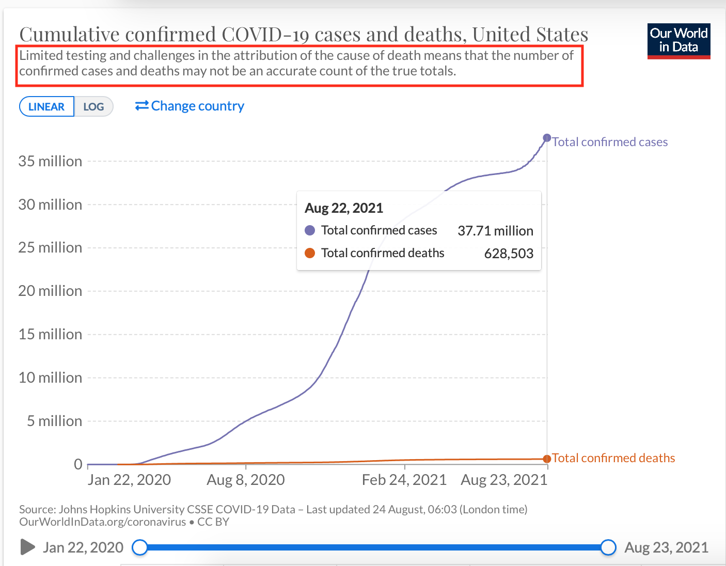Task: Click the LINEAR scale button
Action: pos(46,106)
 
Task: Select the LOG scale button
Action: pos(93,106)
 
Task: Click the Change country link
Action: pos(190,106)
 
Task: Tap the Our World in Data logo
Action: pos(678,41)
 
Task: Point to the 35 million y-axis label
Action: pos(50,161)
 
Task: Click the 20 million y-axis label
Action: pos(50,291)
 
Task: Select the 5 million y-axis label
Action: pos(54,421)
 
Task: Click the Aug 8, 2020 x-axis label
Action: pos(246,480)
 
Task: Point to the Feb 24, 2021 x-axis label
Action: pos(404,480)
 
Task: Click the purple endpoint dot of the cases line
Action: pos(547,138)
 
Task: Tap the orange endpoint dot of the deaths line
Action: pos(547,459)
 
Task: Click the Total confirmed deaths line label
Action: pos(613,458)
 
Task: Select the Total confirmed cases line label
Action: pos(610,141)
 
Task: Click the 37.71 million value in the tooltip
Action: pos(495,230)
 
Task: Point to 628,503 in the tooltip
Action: pos(509,253)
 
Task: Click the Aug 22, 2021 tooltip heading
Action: pos(344,208)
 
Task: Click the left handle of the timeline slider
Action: pos(140,547)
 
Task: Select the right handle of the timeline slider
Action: pos(608,547)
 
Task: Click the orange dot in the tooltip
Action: pos(310,253)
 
